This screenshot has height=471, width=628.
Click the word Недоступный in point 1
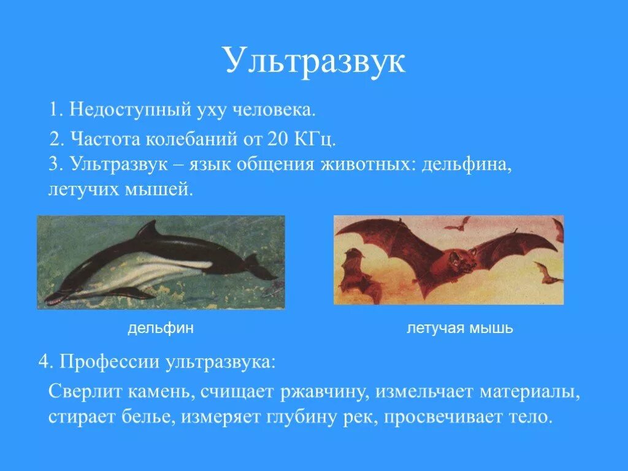pos(116,110)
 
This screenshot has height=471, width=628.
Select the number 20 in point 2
pos(277,138)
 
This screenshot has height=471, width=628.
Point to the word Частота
pos(106,138)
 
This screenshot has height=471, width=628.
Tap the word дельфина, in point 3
pos(467,164)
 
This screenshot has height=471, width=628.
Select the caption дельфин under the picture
pos(161,329)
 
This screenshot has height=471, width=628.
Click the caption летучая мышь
pos(460,329)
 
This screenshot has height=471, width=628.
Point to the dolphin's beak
pos(55,299)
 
